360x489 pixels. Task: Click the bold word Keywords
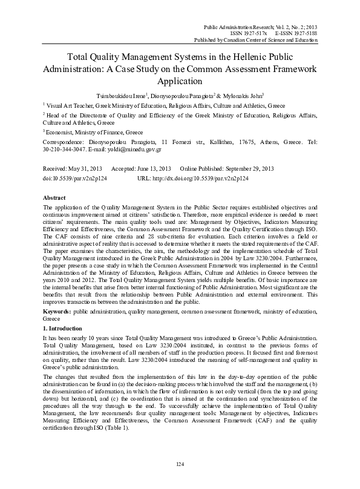tap(57, 310)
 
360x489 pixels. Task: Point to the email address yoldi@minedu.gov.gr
tap(116, 148)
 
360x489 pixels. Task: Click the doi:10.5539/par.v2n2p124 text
tap(79, 179)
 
